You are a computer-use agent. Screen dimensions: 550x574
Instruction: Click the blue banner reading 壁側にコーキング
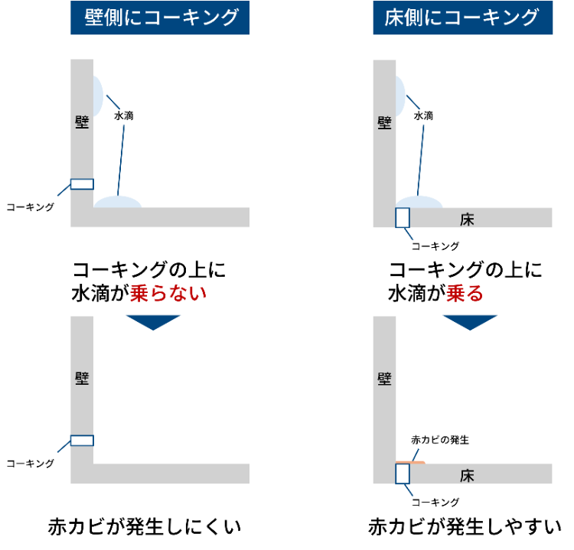click(x=160, y=18)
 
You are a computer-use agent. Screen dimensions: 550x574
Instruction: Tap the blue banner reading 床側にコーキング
click(x=462, y=18)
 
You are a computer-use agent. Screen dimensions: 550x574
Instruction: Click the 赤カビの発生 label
click(x=439, y=440)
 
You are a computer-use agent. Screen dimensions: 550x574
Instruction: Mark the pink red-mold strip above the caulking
click(x=410, y=462)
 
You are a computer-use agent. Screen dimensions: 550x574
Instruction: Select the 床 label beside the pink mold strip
click(x=468, y=475)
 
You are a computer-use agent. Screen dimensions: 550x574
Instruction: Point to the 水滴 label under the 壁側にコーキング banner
click(x=124, y=116)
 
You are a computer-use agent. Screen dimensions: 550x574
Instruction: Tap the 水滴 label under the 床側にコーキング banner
click(x=423, y=116)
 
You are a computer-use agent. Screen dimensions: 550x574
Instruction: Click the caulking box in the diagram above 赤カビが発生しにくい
click(x=82, y=440)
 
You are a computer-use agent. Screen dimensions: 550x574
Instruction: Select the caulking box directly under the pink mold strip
click(x=403, y=474)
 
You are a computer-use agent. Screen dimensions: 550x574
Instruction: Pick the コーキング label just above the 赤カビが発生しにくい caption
click(x=30, y=463)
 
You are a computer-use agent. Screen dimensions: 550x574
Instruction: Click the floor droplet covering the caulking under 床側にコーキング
click(x=419, y=202)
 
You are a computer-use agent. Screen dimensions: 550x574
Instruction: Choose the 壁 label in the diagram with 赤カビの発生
click(x=384, y=378)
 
